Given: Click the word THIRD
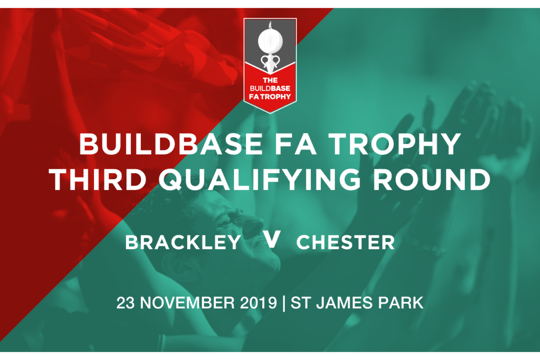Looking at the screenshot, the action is (x=98, y=180).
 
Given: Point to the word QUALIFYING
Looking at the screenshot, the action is (x=260, y=180).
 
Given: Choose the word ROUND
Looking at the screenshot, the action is (x=432, y=180).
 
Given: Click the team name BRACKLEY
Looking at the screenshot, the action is (x=183, y=243).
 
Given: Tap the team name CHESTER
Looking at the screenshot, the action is (x=346, y=243).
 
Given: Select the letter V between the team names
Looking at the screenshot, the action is (x=272, y=238).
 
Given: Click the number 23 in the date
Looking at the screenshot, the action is (x=126, y=303).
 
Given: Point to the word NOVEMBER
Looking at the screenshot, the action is (x=187, y=303).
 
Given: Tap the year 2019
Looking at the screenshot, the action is (x=258, y=303).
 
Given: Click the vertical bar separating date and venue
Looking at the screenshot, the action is (x=284, y=303).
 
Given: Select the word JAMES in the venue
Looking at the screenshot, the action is (x=344, y=303).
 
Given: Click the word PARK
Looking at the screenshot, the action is (x=400, y=303).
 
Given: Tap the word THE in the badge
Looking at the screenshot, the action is (x=270, y=80).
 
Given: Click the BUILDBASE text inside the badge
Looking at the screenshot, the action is (x=270, y=89).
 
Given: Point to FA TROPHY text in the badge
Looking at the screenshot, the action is (x=270, y=97).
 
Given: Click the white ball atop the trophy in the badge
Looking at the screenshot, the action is (x=270, y=41).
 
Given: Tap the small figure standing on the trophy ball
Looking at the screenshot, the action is (x=270, y=25).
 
